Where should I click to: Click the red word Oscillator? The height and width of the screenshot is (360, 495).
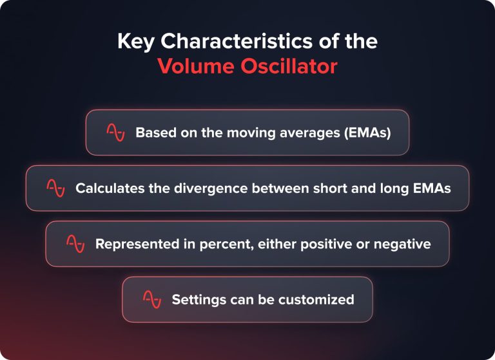[x=286, y=66]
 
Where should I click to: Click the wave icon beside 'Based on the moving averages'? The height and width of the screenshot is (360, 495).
[x=115, y=132]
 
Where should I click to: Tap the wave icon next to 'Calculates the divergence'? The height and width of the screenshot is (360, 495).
[x=55, y=188]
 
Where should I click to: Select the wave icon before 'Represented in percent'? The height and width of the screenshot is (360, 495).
[x=75, y=243]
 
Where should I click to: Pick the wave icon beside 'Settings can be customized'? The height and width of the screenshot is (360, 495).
[x=151, y=299]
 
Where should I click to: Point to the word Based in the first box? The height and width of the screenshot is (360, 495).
[x=153, y=133]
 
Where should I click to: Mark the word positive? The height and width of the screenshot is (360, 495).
[x=308, y=245]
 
